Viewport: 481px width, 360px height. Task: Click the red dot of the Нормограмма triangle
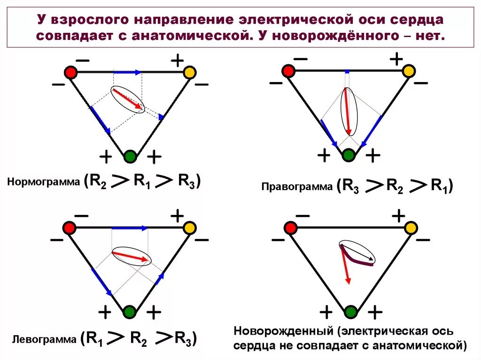click(x=70, y=72)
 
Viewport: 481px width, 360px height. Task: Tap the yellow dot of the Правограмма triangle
click(x=409, y=71)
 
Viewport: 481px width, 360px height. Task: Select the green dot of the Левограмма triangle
click(x=130, y=311)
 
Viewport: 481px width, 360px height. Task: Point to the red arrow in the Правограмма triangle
click(x=348, y=111)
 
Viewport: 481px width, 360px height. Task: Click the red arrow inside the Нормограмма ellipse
click(x=128, y=99)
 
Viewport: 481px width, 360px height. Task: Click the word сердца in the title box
click(x=411, y=20)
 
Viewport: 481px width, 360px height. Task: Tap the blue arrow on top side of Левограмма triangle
click(x=129, y=228)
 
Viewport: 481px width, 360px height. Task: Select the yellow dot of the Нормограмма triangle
click(x=189, y=73)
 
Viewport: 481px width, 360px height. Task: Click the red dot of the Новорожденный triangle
click(x=291, y=228)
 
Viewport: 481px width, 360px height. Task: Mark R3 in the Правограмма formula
click(x=350, y=187)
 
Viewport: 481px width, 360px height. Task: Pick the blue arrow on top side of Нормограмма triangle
click(x=127, y=72)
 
